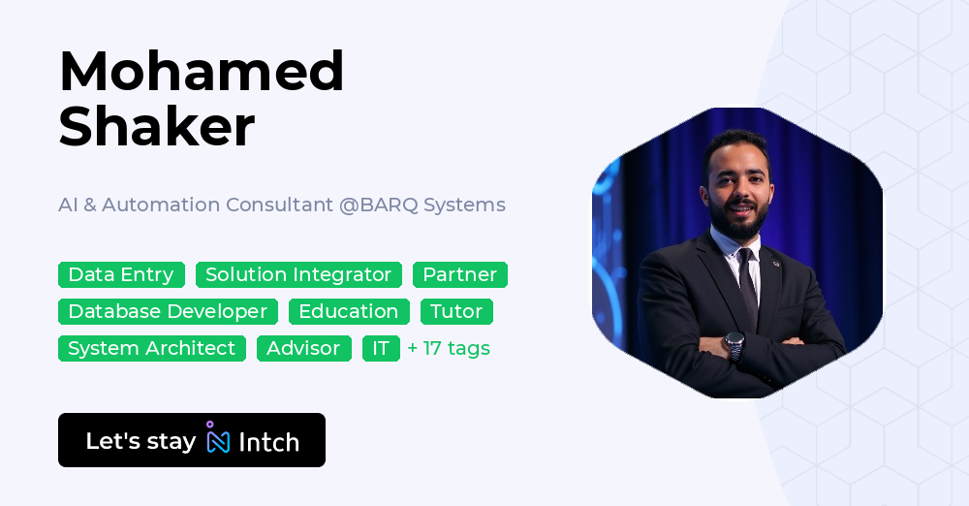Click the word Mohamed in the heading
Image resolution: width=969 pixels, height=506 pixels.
pos(202,72)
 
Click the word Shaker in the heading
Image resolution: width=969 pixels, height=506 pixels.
pos(157,127)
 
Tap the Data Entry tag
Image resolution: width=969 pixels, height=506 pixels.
pos(121,275)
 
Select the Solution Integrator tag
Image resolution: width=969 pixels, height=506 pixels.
pos(298,275)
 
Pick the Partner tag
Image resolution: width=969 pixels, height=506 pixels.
pos(460,275)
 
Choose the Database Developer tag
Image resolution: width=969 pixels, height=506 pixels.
pos(168,312)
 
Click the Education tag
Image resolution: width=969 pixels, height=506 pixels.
pos(349,312)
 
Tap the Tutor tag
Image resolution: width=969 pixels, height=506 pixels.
pos(456,312)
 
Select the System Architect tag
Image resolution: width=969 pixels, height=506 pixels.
pos(152,349)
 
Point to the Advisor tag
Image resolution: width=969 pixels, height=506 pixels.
pos(304,349)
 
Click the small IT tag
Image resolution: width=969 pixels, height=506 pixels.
pos(381,349)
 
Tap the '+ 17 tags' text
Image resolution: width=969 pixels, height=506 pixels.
pos(449,349)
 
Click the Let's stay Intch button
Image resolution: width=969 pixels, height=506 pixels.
pos(192,441)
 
